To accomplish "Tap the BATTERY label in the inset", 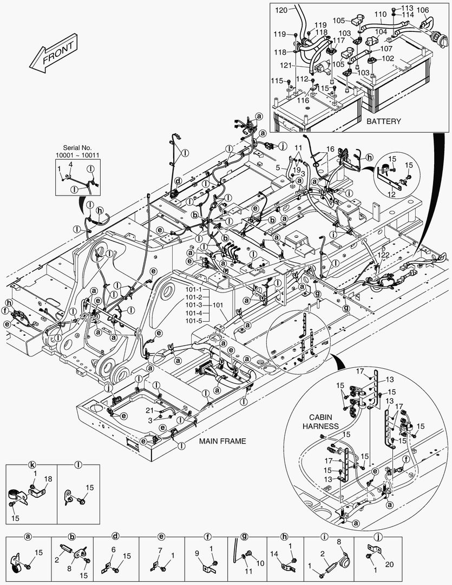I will [383, 121].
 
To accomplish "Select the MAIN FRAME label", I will [222, 441].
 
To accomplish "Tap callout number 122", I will [383, 254].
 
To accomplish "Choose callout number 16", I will [330, 148].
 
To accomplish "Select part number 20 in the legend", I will [389, 564].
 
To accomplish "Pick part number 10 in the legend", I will [260, 563].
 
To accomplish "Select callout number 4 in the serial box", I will [70, 164].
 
